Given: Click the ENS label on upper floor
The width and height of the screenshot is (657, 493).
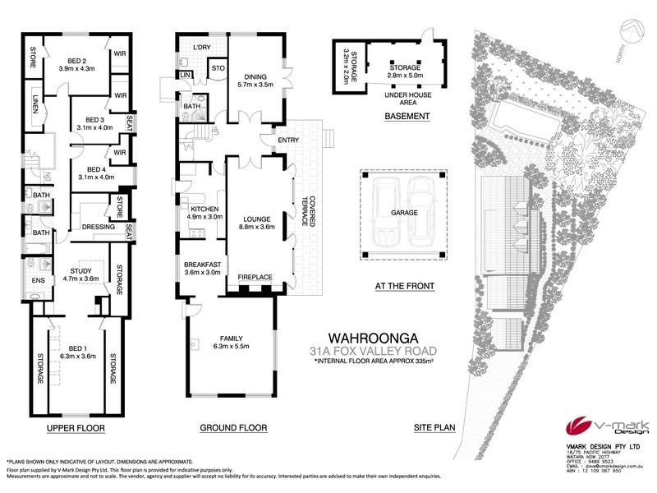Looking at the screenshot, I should tap(38, 280).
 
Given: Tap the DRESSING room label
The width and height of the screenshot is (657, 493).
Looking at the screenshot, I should tap(98, 228).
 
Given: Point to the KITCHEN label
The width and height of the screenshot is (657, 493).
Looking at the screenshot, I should tap(204, 210).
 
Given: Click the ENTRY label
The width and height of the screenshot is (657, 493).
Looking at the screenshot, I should tap(289, 140).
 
